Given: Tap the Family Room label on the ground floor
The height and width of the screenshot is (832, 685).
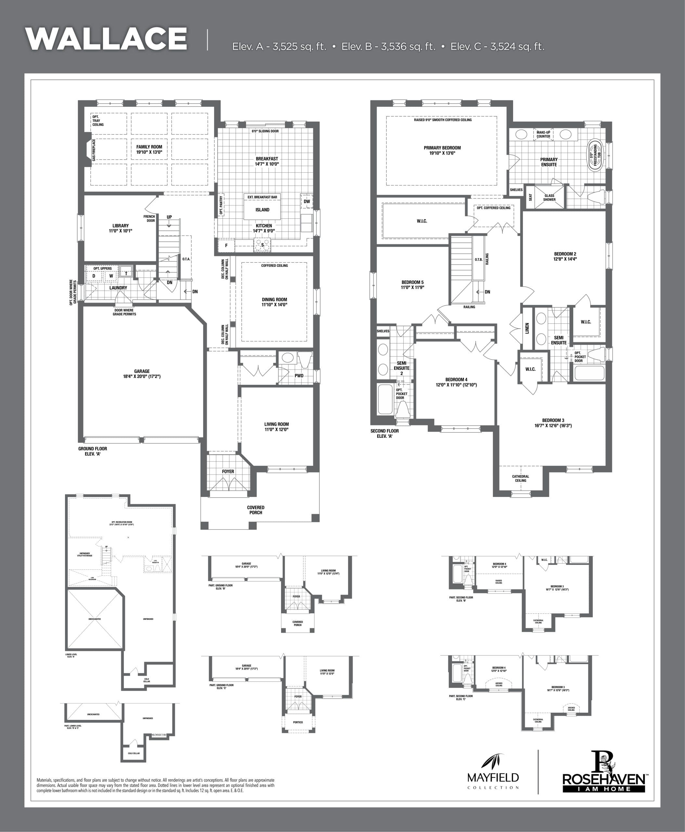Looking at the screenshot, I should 149,149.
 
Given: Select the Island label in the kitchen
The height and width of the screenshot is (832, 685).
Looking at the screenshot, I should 263,210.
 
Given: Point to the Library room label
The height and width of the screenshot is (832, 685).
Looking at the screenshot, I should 120,228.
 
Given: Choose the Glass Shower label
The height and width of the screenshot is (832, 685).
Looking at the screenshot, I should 549,197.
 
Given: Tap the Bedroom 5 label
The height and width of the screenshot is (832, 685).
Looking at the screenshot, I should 412,285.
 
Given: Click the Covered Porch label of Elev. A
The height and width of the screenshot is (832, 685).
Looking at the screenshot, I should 256,510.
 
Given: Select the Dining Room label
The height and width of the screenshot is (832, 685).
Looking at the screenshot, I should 274,302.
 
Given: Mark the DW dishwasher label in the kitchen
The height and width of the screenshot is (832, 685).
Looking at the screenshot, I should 307,201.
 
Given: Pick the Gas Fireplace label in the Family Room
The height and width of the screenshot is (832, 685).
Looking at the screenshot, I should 94,149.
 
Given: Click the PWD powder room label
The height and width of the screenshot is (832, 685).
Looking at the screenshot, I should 299,376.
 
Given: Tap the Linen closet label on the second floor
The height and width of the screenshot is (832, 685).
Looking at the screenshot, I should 527,328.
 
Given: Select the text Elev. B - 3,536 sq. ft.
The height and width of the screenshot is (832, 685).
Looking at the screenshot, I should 388,46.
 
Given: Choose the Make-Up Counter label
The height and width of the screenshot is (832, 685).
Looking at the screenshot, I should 543,134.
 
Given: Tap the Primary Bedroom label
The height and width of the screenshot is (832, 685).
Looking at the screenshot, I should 442,150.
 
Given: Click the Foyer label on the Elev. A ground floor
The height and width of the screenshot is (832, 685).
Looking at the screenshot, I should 228,471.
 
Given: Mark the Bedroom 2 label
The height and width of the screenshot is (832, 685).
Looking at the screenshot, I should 565,256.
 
